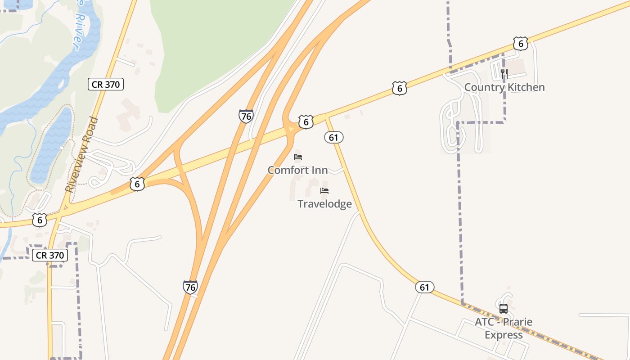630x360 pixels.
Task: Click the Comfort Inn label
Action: [x=297, y=170]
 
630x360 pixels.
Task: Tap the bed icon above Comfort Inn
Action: [x=298, y=157]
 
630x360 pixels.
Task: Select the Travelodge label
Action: [x=324, y=204]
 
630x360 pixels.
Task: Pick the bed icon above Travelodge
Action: [x=324, y=191]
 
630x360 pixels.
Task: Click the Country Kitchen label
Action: [x=504, y=87]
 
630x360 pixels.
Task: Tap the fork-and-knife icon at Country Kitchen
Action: [x=504, y=74]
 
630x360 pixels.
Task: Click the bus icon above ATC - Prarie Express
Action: [x=504, y=309]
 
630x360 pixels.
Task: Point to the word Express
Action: [x=504, y=335]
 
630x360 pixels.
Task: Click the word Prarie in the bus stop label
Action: [x=517, y=322]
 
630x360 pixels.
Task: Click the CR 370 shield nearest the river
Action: [x=106, y=84]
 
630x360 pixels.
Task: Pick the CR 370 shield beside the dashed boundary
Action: [x=50, y=255]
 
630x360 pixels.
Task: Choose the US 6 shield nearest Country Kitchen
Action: [x=521, y=44]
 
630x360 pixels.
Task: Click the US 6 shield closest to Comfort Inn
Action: [x=306, y=121]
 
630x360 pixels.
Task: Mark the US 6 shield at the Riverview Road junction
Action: [x=40, y=220]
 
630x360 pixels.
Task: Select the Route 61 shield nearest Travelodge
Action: [x=334, y=137]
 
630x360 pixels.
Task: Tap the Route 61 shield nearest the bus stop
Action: [x=425, y=287]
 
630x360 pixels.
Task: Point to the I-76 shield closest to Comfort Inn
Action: [x=246, y=116]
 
